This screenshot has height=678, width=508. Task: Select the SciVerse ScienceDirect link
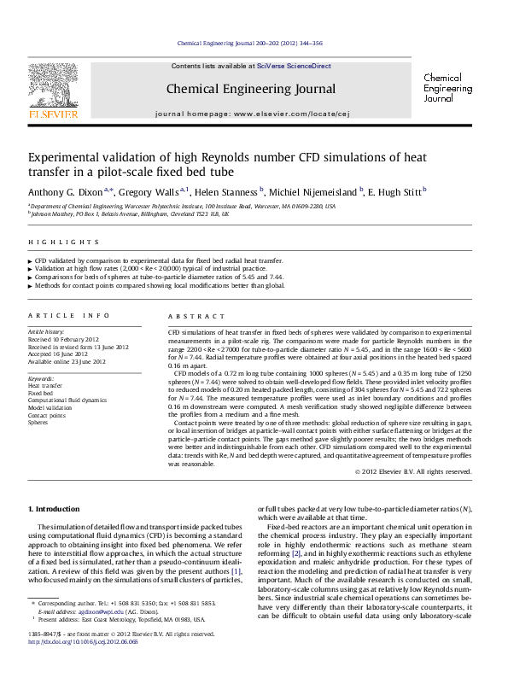289,66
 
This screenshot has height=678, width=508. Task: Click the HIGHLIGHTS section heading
53,242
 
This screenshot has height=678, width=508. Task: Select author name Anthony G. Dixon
65,191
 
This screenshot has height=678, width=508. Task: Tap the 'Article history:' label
47,330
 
